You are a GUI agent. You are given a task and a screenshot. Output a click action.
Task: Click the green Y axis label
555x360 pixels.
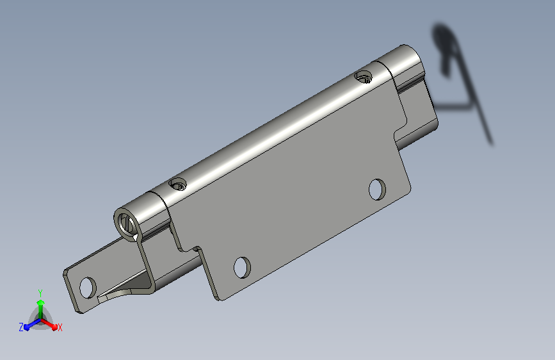click(x=40, y=293)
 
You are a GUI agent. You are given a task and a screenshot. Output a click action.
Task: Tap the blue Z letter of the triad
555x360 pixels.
click(x=21, y=327)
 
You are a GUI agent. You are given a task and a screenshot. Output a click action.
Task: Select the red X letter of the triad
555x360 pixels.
click(x=60, y=327)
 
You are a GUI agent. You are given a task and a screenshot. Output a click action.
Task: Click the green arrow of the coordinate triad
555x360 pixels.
click(x=41, y=309)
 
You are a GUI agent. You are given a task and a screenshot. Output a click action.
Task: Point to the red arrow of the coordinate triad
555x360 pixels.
click(x=49, y=324)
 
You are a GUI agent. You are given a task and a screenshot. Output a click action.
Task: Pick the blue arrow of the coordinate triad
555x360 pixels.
click(x=33, y=324)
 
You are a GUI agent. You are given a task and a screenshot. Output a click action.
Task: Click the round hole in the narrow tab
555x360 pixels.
click(x=88, y=288)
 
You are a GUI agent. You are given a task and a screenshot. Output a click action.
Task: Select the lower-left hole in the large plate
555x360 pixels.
click(x=242, y=268)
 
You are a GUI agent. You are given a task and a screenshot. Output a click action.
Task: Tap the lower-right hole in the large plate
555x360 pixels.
click(x=377, y=189)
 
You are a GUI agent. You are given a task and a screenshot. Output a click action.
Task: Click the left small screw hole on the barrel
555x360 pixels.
click(x=178, y=184)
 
